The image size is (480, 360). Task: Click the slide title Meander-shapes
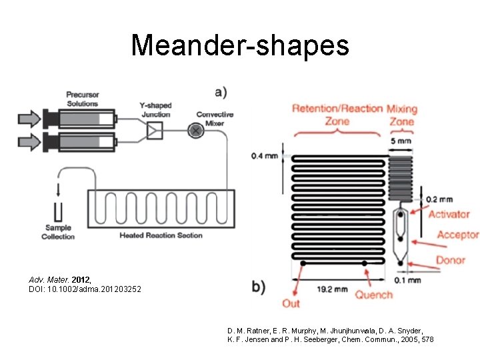pos(240,45)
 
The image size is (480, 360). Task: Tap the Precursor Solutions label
pos(82,99)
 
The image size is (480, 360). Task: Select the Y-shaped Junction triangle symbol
pos(155,131)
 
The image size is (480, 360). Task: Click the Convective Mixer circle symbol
pos(195,131)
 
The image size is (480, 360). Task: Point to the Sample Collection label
pos(58,232)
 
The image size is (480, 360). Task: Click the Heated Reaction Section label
pos(161,235)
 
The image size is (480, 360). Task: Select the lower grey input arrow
pos(29,141)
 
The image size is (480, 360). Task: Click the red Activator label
pos(449,215)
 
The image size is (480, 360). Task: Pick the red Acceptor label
pos(457,235)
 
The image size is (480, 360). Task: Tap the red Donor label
pos(451,259)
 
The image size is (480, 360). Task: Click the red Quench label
pos(373,295)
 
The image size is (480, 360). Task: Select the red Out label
pos(291,303)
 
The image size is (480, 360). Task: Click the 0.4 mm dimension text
pos(266,157)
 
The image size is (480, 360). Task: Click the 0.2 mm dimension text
pos(439,199)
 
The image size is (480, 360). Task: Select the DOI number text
pos(85,289)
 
